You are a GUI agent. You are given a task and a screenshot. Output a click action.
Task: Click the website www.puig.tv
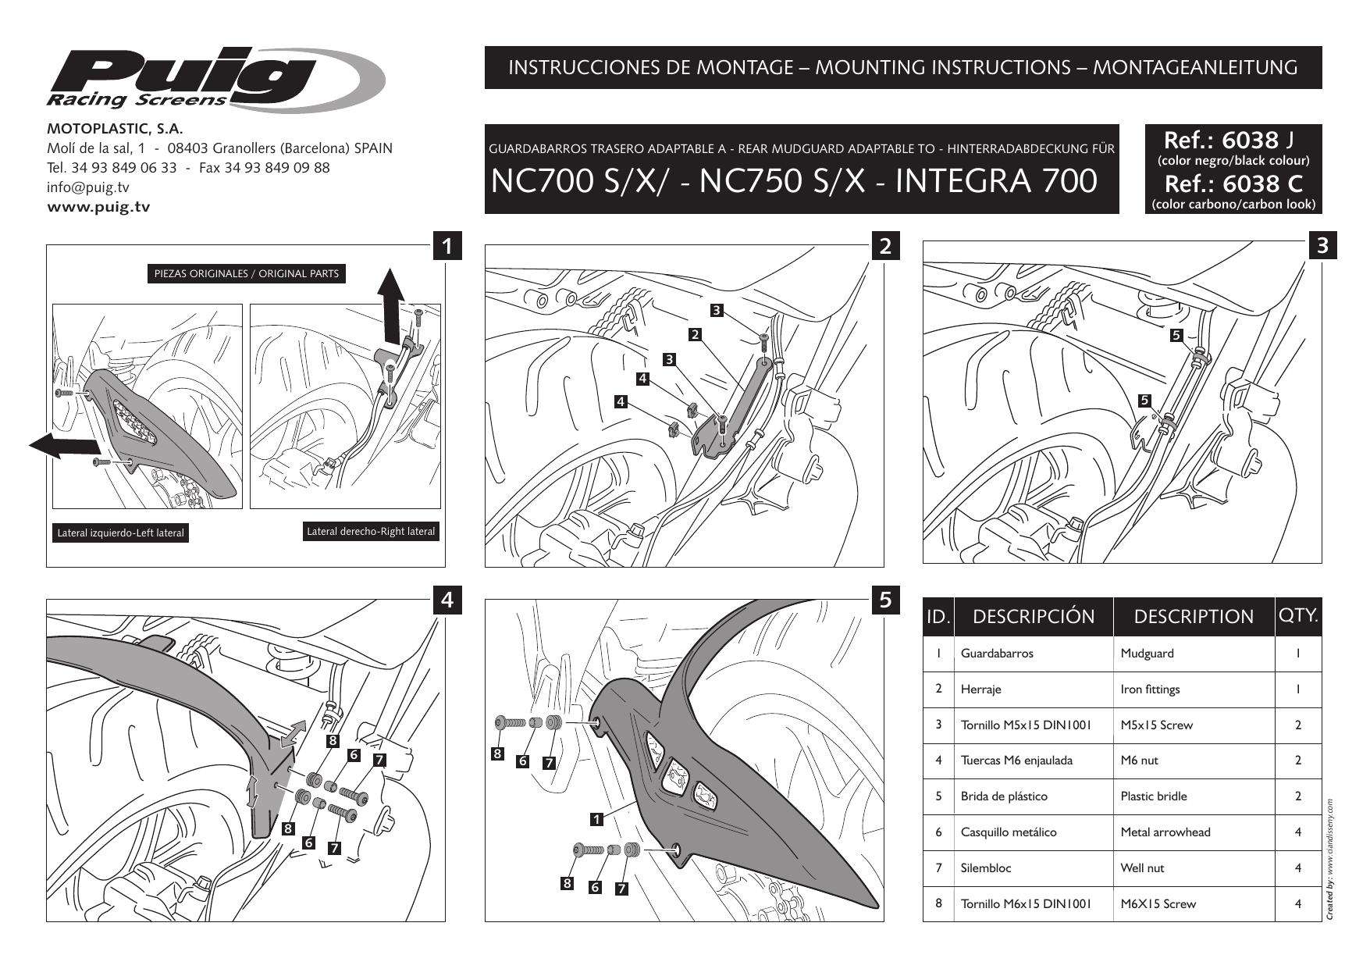pyautogui.click(x=99, y=207)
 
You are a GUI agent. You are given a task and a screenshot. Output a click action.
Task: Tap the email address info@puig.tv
pyautogui.click(x=88, y=187)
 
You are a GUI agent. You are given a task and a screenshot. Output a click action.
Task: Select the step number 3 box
pyautogui.click(x=1322, y=245)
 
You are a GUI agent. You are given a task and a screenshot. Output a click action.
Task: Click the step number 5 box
pyautogui.click(x=884, y=600)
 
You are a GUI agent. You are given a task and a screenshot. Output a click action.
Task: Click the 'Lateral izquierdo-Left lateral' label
pyautogui.click(x=121, y=533)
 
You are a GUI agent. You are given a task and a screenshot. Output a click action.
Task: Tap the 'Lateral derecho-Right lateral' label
pyautogui.click(x=371, y=532)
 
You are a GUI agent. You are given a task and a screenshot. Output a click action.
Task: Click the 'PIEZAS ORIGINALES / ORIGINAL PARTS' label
pyautogui.click(x=246, y=274)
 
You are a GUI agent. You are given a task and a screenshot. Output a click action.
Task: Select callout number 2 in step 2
pyautogui.click(x=694, y=335)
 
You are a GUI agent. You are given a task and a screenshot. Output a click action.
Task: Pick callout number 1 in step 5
pyautogui.click(x=596, y=819)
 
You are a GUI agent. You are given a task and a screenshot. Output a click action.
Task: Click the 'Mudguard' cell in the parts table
pyautogui.click(x=1147, y=654)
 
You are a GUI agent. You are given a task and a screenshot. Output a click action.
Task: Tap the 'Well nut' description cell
pyautogui.click(x=1143, y=868)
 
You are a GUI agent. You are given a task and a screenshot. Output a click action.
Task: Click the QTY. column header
pyautogui.click(x=1298, y=615)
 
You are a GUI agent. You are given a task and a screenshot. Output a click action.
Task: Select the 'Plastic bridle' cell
pyautogui.click(x=1153, y=796)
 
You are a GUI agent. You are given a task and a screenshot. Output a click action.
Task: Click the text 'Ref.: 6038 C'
pyautogui.click(x=1233, y=184)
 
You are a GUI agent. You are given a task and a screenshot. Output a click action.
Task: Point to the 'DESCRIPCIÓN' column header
pyautogui.click(x=1033, y=616)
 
